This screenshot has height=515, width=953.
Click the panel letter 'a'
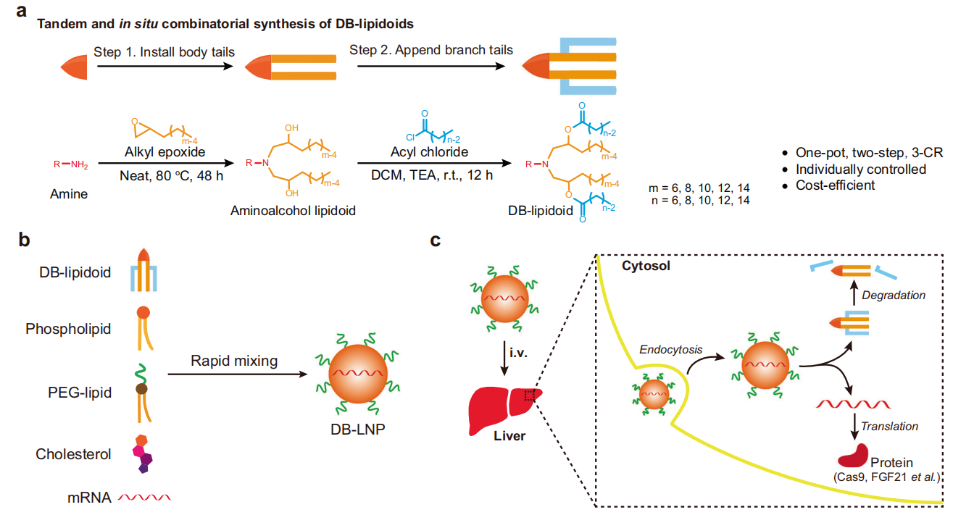[x=21, y=11]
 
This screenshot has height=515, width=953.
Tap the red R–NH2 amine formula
[x=70, y=164]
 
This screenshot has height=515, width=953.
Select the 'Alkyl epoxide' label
[x=165, y=152]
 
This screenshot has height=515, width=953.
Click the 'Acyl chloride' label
[x=429, y=152]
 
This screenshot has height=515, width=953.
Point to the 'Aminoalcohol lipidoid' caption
[x=293, y=211]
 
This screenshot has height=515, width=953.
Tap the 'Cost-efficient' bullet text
[x=835, y=185]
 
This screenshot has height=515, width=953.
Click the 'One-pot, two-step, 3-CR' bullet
[x=869, y=153]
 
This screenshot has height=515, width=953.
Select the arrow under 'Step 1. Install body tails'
[x=165, y=67]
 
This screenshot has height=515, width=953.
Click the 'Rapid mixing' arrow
[x=238, y=374]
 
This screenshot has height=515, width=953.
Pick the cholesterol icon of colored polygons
[x=143, y=453]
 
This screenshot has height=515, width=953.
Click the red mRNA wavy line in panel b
[x=144, y=497]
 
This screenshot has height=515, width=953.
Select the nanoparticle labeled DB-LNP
[x=358, y=374]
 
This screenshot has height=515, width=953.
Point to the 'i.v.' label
[x=518, y=352]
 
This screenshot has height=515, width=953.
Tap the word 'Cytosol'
[x=646, y=266]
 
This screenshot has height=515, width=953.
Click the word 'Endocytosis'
[x=670, y=350]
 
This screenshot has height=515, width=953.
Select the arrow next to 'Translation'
[x=854, y=427]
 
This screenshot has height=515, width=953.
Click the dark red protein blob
[x=853, y=456]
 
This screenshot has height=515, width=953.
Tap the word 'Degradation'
[x=894, y=295]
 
